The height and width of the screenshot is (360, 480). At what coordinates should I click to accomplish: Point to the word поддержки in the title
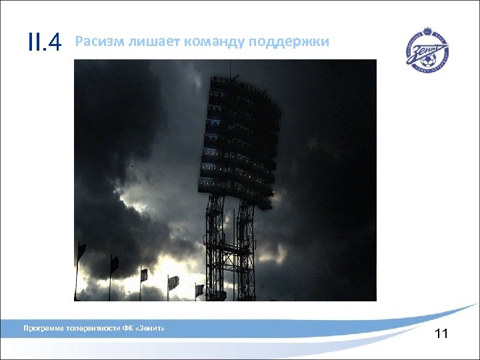[x=289, y=43]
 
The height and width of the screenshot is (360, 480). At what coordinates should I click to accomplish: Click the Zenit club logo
[x=427, y=49]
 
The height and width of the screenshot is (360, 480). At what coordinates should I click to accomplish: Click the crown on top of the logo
[x=427, y=31]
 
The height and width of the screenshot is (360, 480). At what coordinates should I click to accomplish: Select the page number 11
[x=441, y=334]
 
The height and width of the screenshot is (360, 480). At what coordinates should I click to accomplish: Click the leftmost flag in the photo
[x=81, y=251]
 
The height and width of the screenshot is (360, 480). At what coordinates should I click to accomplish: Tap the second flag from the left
[x=114, y=264]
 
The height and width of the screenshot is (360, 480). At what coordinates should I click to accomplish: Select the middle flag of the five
[x=143, y=274]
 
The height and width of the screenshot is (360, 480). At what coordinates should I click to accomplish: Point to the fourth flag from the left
[x=173, y=282]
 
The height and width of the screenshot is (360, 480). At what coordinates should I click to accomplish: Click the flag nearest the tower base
[x=199, y=289]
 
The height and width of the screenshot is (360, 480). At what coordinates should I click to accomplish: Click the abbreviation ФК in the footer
[x=127, y=329]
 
